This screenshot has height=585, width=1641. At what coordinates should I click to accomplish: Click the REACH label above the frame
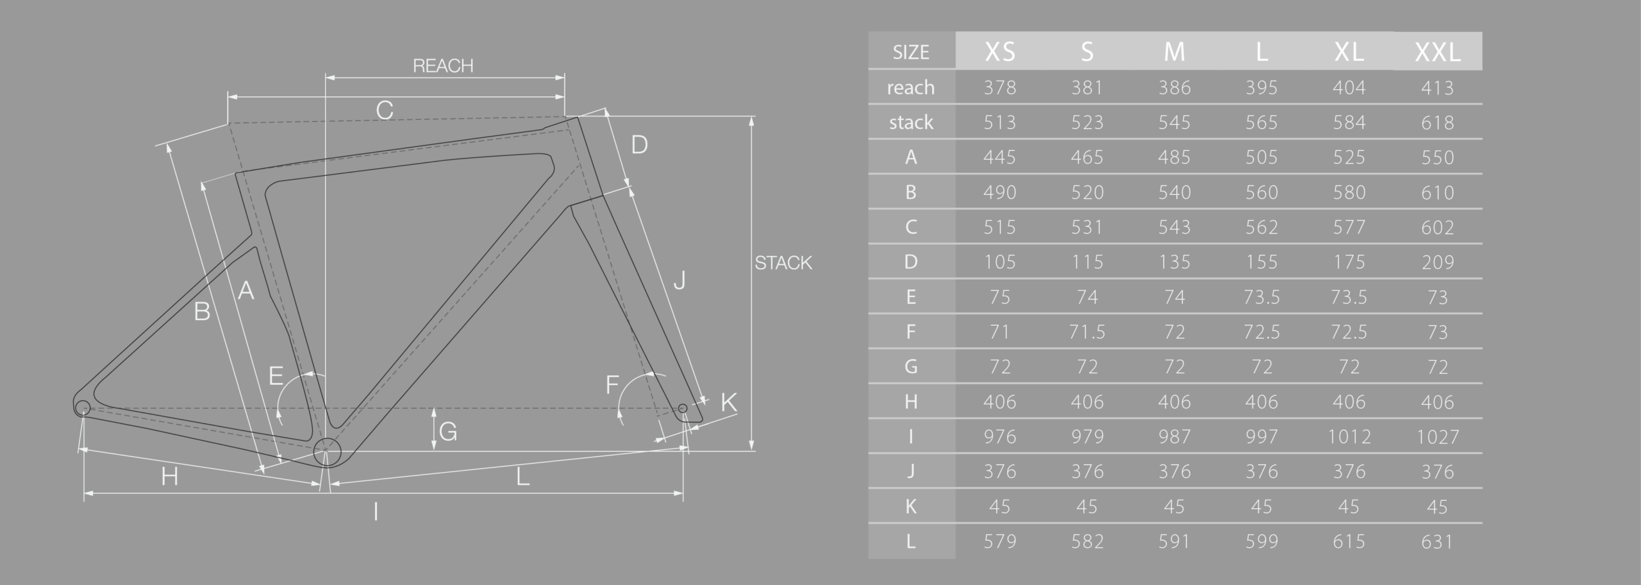pos(443,65)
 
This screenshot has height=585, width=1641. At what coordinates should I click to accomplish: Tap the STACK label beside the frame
pos(783,263)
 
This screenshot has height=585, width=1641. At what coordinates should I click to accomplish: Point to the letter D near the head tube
pos(639,145)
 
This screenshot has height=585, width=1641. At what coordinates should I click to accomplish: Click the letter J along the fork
pos(679,280)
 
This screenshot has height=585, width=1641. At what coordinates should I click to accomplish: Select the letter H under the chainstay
pos(169,477)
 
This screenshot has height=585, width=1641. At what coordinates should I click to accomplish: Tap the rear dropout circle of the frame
pos(82,407)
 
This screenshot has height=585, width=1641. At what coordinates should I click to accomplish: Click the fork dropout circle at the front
pos(683,409)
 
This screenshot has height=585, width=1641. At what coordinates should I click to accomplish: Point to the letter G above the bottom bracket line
pos(448,432)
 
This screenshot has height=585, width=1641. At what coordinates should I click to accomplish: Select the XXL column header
pos(1437,51)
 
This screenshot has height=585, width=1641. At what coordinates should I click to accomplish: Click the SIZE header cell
pos(911,52)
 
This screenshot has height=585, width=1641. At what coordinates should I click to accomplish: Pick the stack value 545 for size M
pos(1174,123)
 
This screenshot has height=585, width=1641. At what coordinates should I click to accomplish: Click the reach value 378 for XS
pos(999,88)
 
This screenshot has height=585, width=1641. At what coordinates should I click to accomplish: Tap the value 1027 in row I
pos(1437,437)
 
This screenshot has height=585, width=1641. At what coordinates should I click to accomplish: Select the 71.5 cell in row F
pos(1087,332)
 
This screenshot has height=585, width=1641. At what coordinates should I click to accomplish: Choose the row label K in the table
pos(911,507)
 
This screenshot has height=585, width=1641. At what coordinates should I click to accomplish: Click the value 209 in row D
pos(1437,262)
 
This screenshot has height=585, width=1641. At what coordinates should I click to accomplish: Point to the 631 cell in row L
pos(1437,542)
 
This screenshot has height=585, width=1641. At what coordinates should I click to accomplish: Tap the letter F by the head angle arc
pos(612,385)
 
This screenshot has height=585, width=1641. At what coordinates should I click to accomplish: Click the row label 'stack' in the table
pos(911,123)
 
